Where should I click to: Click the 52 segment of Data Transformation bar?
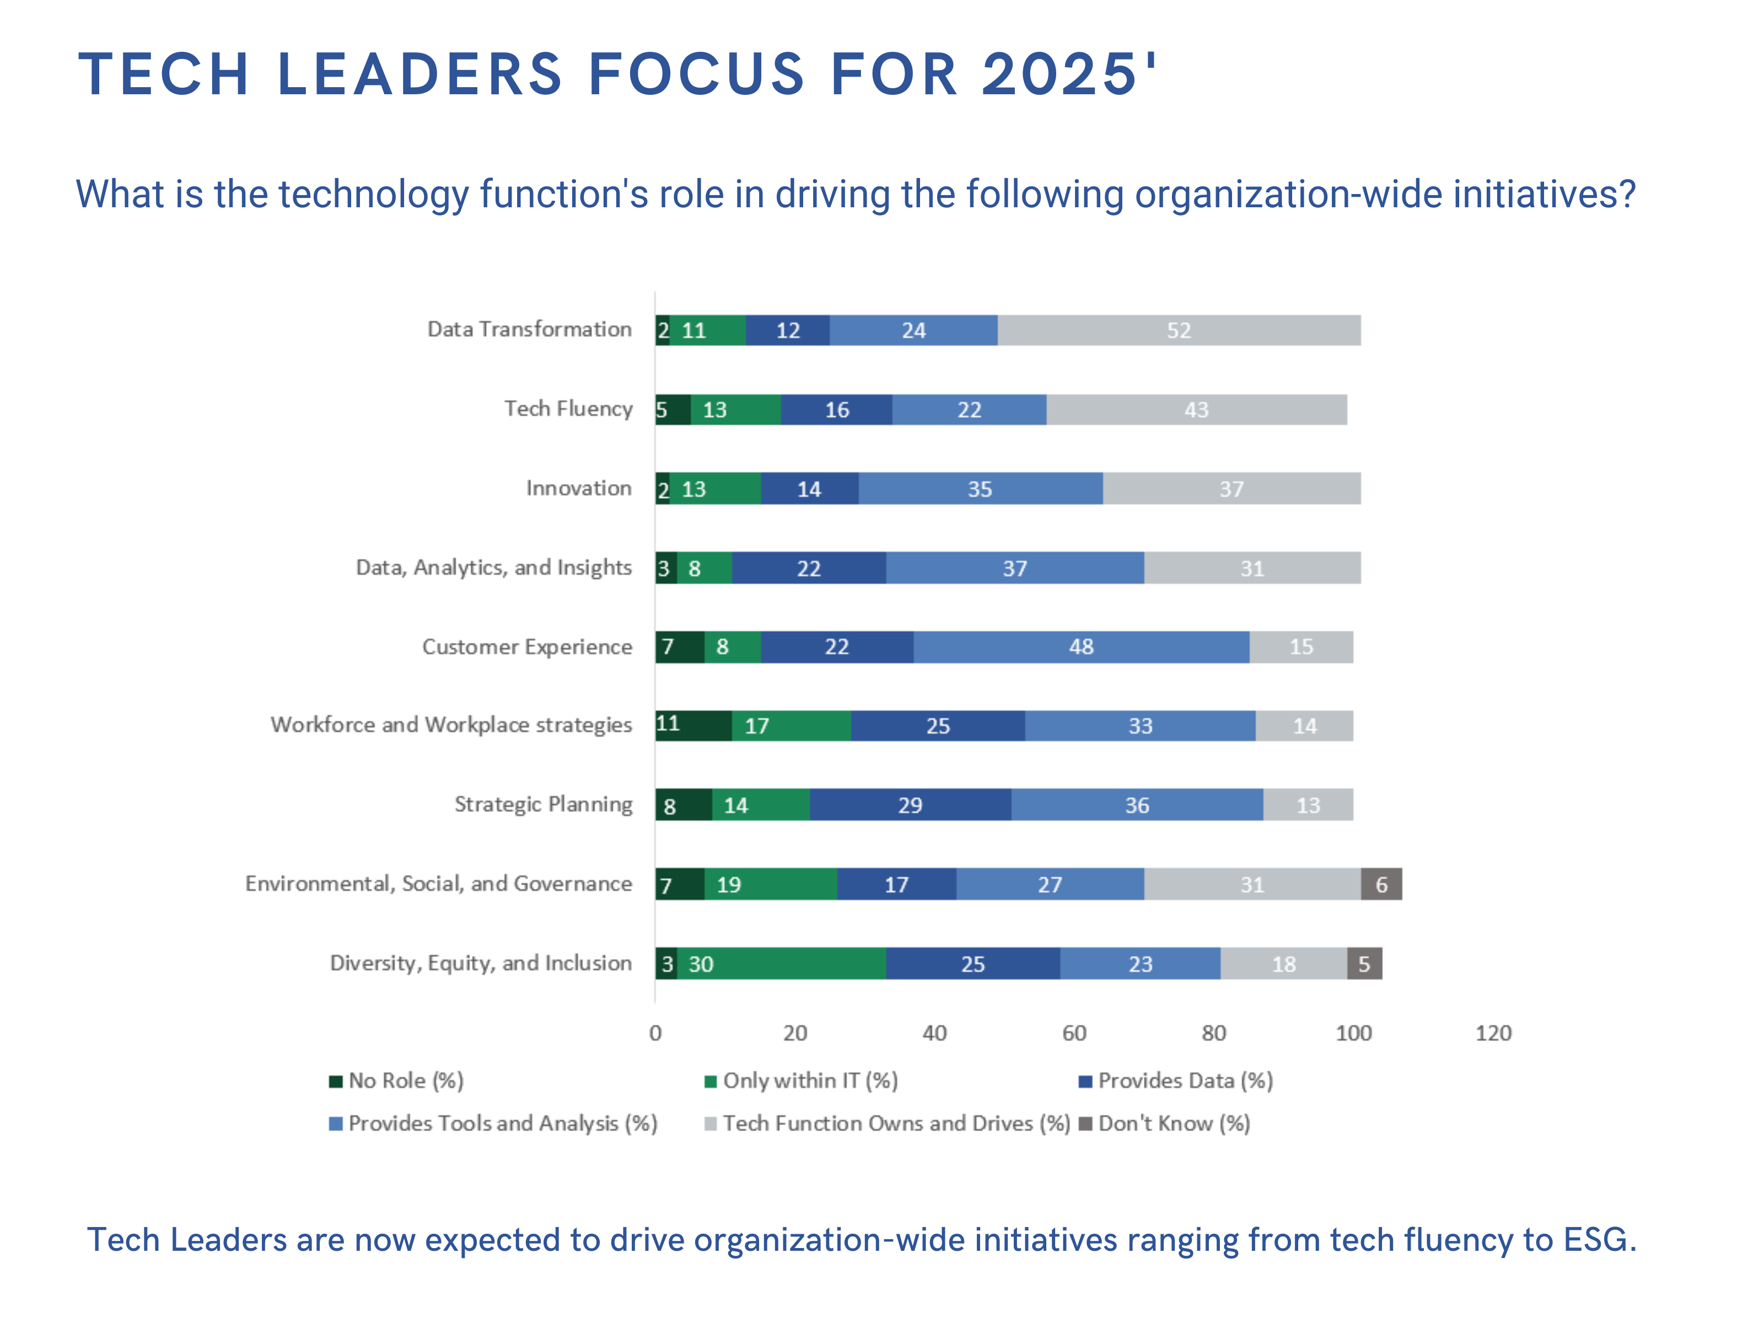tap(1178, 330)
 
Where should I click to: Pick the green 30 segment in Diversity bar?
tap(782, 964)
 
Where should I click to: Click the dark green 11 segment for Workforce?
tap(692, 725)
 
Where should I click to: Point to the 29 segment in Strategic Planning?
tap(910, 805)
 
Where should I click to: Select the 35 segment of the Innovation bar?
tap(980, 489)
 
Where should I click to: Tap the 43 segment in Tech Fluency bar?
tap(1196, 410)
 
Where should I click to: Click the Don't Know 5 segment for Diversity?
tap(1364, 964)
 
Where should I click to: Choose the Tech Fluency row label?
tap(568, 409)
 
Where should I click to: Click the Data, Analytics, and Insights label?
tap(493, 568)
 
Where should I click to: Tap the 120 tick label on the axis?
tap(1492, 1034)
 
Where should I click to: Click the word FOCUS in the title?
tap(696, 74)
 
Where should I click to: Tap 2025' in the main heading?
tap(1068, 74)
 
